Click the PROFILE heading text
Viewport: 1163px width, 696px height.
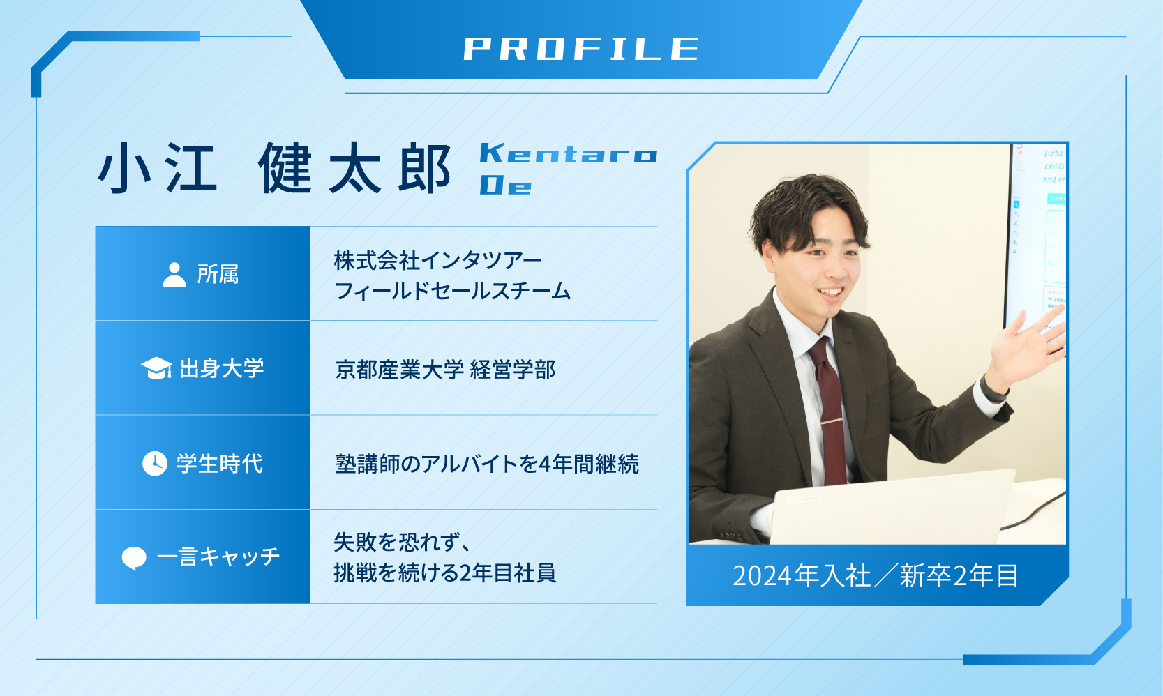(582, 49)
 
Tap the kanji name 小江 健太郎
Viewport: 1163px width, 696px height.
(274, 168)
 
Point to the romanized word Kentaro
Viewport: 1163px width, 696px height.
(569, 153)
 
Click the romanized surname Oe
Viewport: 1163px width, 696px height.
(506, 185)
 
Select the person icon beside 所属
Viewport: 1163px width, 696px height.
(174, 275)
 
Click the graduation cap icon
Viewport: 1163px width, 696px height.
(156, 368)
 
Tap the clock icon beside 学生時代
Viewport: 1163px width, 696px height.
(155, 463)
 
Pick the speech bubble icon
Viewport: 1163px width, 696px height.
(134, 558)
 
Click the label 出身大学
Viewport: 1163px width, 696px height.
(222, 368)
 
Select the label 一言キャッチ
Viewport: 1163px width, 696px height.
(218, 557)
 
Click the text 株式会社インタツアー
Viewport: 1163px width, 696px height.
(437, 260)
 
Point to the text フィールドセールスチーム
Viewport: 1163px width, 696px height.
(453, 291)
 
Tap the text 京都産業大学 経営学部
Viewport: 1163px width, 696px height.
(446, 370)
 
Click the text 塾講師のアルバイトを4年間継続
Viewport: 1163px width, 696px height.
(487, 464)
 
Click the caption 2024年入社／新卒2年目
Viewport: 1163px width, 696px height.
(876, 575)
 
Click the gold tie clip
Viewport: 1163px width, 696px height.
(832, 421)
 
